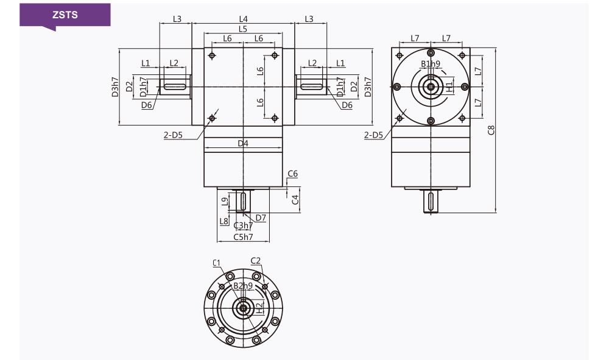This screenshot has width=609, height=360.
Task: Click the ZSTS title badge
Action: [x=65, y=16]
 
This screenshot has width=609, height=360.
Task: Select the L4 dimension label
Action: [x=243, y=19]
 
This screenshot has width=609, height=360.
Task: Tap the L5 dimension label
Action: [x=243, y=29]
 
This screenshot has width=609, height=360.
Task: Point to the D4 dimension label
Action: [x=243, y=143]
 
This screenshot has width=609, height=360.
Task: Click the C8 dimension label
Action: [x=491, y=130]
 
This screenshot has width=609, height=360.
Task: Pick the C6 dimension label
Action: [x=292, y=174]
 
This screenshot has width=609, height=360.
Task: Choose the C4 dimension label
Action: [x=295, y=200]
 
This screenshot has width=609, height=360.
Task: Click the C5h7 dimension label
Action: [x=243, y=236]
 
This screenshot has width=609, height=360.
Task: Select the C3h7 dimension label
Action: [x=243, y=225]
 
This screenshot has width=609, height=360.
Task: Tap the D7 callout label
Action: [x=261, y=217]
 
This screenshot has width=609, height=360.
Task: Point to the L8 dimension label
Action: [x=224, y=221]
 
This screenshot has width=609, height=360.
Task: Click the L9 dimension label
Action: [x=225, y=202]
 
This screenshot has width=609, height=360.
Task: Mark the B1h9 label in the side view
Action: [x=431, y=64]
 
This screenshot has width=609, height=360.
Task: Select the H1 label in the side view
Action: [x=449, y=87]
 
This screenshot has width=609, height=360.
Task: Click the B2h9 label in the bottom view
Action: [x=243, y=286]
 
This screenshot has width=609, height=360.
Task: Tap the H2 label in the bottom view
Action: [x=260, y=308]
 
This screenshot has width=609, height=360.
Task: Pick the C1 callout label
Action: [x=216, y=263]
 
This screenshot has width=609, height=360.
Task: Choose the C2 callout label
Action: [x=256, y=261]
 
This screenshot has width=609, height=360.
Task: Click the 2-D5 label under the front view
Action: [x=173, y=135]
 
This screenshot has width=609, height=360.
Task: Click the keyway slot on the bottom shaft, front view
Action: [x=243, y=201]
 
